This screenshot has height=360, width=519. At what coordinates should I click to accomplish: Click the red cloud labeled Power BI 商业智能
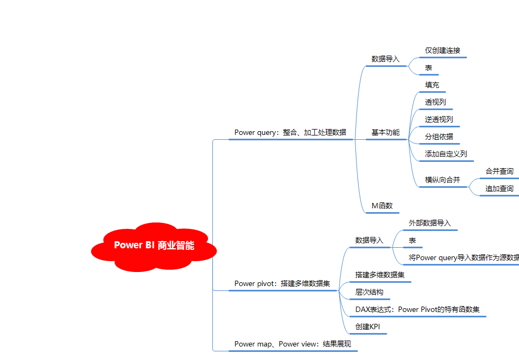click(x=154, y=246)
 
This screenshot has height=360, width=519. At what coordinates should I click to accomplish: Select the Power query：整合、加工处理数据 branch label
click(x=290, y=132)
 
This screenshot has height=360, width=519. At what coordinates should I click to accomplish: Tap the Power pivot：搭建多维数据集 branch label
click(x=286, y=283)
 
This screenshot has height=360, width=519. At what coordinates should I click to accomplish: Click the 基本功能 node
click(x=385, y=132)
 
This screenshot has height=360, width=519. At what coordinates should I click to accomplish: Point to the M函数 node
click(x=382, y=206)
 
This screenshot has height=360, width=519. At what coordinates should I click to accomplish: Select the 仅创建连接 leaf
click(x=442, y=50)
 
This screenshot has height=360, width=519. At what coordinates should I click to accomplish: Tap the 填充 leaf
click(x=432, y=85)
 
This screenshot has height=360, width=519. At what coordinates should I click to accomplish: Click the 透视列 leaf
click(x=435, y=102)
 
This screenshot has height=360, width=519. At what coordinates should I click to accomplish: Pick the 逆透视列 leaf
click(x=439, y=119)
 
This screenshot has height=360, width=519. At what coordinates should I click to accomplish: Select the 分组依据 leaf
click(x=439, y=137)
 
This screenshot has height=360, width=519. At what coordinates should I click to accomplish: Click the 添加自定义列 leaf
click(x=446, y=154)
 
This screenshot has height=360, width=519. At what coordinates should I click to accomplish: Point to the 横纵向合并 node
click(x=442, y=180)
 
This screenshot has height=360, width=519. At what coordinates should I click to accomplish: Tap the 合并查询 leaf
click(x=499, y=171)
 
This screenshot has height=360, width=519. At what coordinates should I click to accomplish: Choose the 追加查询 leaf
click(x=499, y=188)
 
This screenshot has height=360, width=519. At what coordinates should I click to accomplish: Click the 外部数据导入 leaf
click(x=429, y=223)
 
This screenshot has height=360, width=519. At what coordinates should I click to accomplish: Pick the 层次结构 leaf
click(x=369, y=292)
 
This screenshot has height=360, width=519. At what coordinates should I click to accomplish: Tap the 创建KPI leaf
click(x=368, y=327)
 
